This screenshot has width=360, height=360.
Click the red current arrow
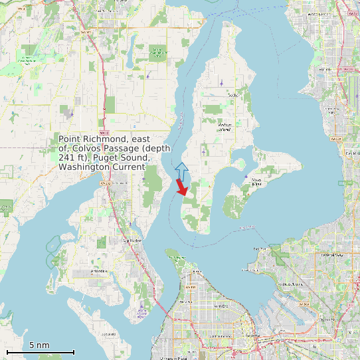(181, 187)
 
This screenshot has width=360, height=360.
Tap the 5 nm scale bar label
(39, 345)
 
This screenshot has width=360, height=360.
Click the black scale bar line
(40, 352)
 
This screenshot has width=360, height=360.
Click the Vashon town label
(232, 95)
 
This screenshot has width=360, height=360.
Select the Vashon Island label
(225, 127)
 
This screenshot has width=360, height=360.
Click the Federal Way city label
(329, 255)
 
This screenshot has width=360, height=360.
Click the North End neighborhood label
(221, 306)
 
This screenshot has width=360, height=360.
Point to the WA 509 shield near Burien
(335, 139)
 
